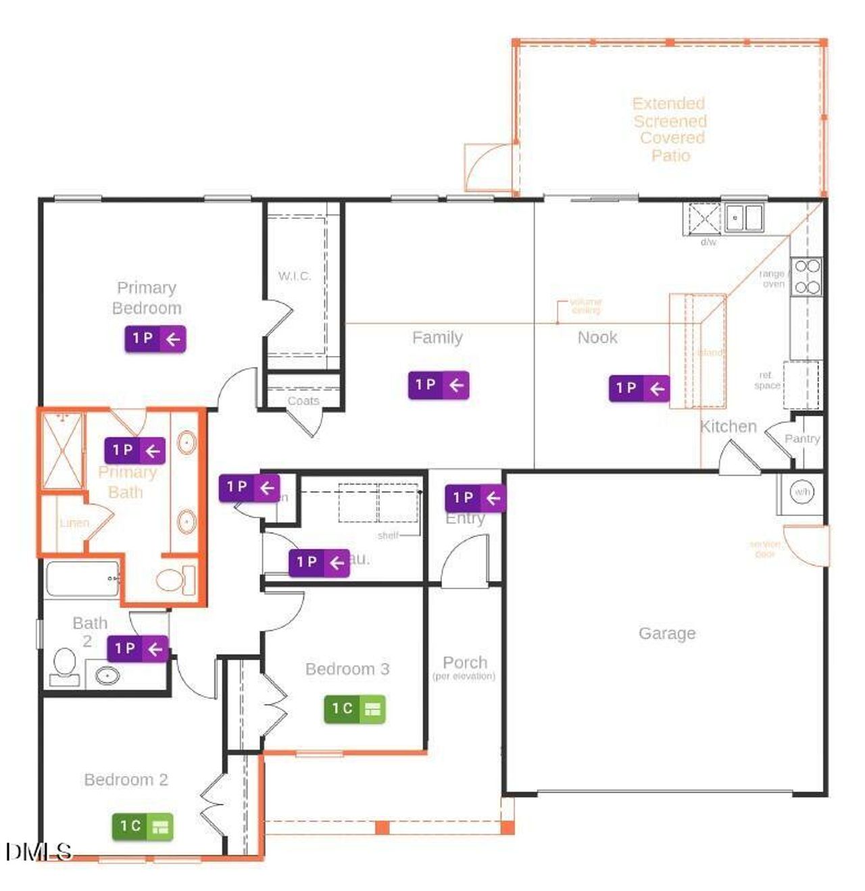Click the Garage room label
[666, 633]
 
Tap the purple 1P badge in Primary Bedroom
[155, 338]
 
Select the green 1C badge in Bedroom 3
[355, 709]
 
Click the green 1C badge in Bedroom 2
[143, 826]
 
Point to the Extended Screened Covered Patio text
[670, 129]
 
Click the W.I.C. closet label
[295, 276]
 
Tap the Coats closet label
[303, 401]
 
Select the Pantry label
[802, 438]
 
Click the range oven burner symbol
[807, 276]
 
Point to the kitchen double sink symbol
[743, 218]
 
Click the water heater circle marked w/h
[801, 492]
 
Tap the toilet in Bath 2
[65, 665]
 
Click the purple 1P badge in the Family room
[439, 385]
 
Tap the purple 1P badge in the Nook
[639, 388]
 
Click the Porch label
[464, 662]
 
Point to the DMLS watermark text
[39, 851]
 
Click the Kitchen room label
[728, 426]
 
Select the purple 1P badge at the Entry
[475, 498]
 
